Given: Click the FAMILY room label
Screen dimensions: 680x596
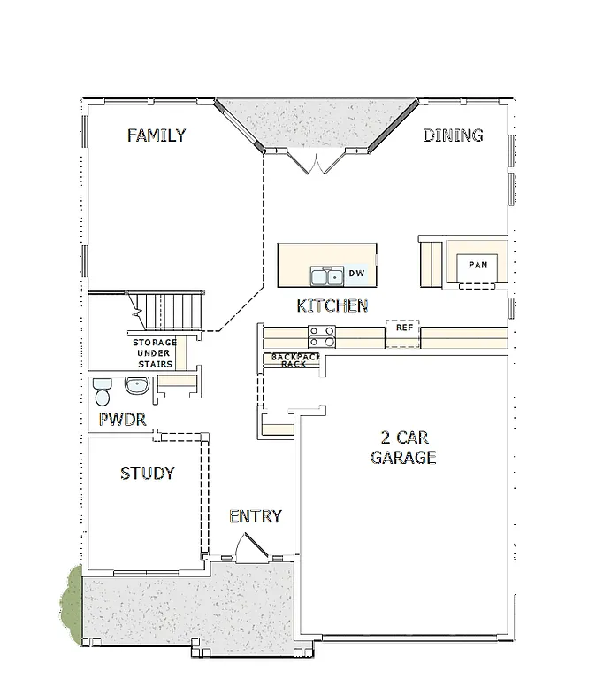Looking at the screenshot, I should (156, 135).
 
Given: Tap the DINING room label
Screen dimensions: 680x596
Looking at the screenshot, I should (453, 135).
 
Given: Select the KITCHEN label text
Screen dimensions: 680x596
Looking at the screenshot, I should (332, 305).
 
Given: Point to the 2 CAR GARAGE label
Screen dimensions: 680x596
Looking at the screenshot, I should (402, 448).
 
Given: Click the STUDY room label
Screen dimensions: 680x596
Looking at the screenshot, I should (147, 474).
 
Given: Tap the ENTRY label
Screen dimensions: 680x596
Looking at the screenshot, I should (255, 516).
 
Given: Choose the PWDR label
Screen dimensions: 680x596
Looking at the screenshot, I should (121, 419).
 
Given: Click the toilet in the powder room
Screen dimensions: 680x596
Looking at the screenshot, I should (103, 390).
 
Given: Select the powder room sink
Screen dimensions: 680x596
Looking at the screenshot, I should (137, 386).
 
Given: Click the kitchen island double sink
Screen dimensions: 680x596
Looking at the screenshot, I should (325, 276).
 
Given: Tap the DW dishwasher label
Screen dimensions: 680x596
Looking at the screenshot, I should (356, 274).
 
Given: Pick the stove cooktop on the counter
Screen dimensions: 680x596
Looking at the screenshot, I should (321, 336).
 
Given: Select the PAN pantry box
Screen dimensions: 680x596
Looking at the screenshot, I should (478, 265).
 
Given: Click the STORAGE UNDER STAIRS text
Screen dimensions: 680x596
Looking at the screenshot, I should (154, 353).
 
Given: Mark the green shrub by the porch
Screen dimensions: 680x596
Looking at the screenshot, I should (71, 607).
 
